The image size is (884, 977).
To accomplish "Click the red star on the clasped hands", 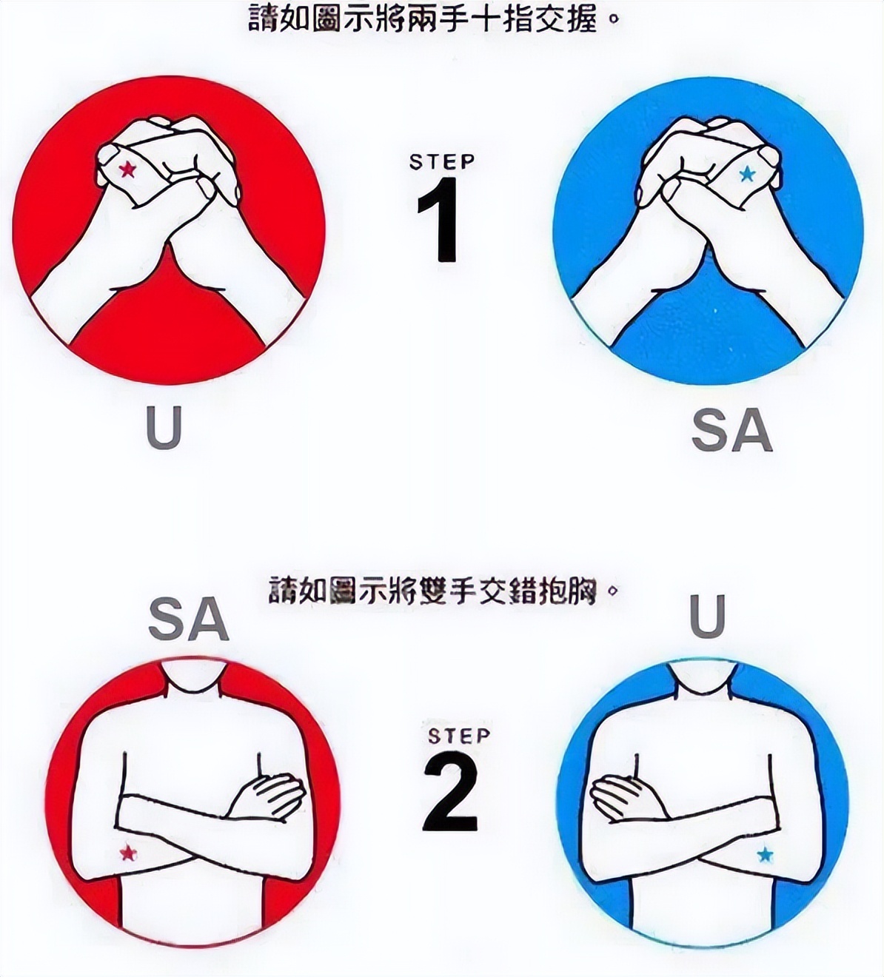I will click(x=128, y=170).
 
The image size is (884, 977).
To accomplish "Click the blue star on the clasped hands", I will click(x=746, y=175).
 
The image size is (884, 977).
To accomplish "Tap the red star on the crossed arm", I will click(x=128, y=853).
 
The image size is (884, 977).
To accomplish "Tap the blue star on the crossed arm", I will click(x=765, y=856).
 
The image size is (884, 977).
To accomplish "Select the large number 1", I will click(x=438, y=220).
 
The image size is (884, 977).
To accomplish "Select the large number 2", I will click(x=451, y=795).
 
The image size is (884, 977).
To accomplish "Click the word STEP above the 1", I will click(x=442, y=161).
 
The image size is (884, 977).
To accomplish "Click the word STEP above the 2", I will click(x=459, y=736).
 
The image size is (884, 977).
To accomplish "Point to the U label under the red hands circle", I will click(x=164, y=428).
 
